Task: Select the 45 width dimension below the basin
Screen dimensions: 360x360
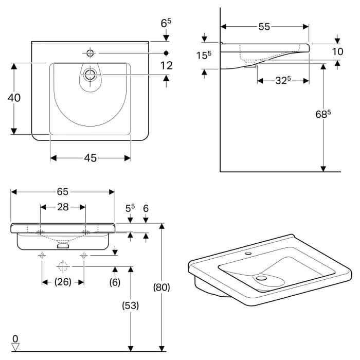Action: click(x=90, y=158)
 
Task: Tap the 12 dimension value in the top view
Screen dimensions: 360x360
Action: click(x=166, y=65)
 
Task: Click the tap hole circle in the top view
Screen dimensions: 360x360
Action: click(x=91, y=52)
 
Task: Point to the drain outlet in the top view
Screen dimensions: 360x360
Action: click(x=91, y=75)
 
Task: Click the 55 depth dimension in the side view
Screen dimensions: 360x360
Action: click(x=264, y=27)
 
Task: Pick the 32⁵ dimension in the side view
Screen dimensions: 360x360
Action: click(x=282, y=80)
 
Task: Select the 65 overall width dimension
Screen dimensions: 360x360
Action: click(x=62, y=192)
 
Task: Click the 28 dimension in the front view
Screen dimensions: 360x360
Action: click(x=63, y=207)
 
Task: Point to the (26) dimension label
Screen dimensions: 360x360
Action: click(x=63, y=282)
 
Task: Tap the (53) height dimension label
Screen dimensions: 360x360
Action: click(x=131, y=305)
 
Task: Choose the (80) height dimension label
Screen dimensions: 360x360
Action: click(x=162, y=286)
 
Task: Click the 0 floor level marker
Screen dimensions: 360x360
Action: click(x=15, y=339)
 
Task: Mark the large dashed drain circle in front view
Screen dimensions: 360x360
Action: click(x=63, y=266)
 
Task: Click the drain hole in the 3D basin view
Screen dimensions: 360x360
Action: click(x=261, y=278)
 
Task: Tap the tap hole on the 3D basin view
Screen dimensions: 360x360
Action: click(x=249, y=254)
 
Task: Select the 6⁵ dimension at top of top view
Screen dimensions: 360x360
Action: click(x=166, y=23)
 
